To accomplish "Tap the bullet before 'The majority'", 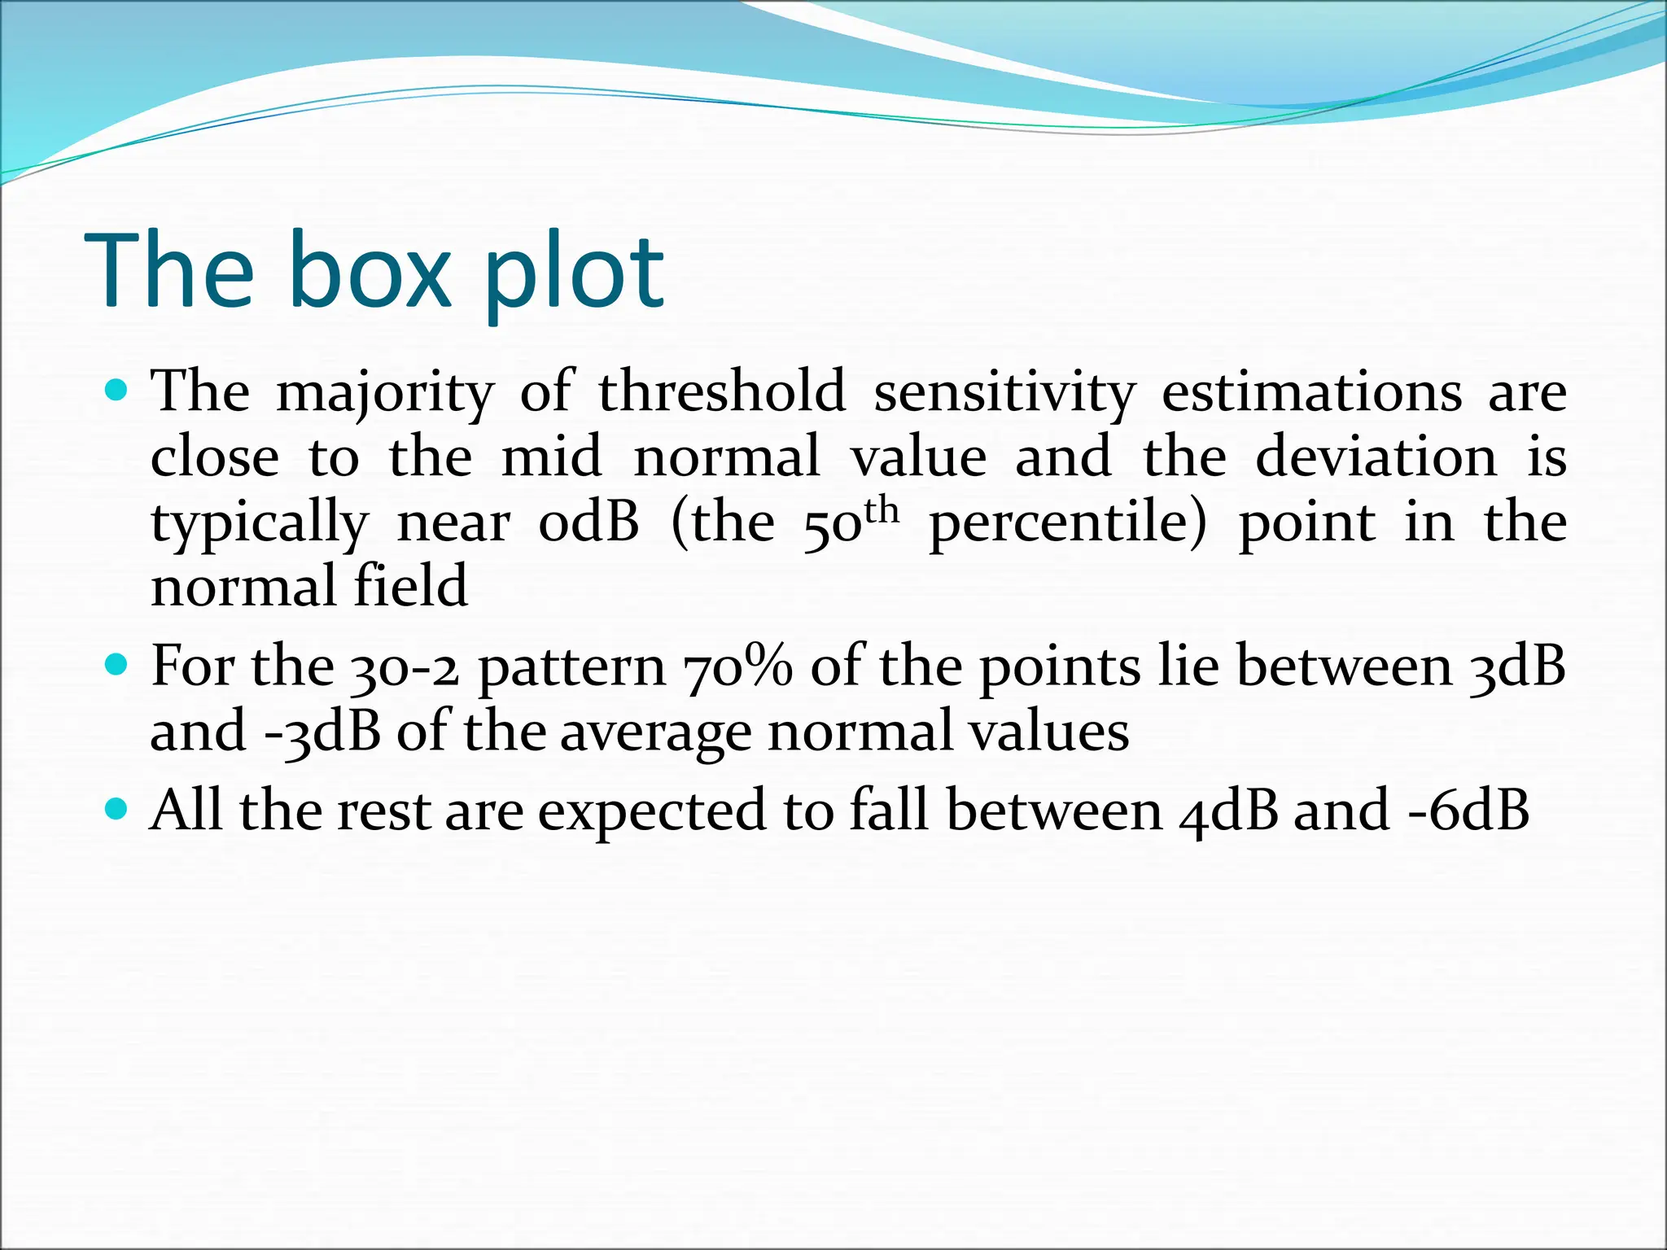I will pos(118,391).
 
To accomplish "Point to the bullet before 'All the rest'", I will pos(118,810).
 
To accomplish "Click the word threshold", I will pos(722,391).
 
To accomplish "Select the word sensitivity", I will pos(1004,391).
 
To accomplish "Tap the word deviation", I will pos(1376,457).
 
